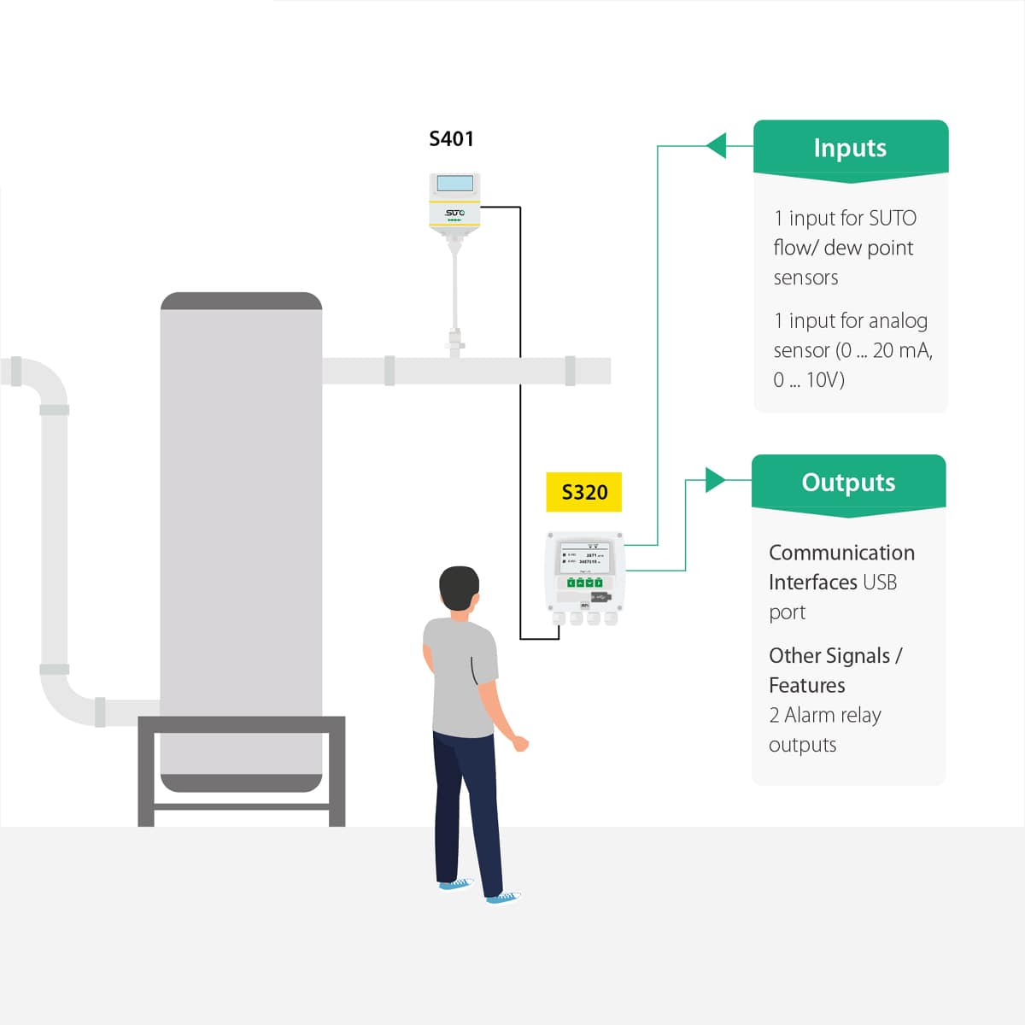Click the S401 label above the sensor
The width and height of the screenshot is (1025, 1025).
(x=451, y=139)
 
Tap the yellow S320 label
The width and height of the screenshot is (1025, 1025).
(x=584, y=492)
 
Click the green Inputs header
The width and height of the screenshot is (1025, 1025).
(x=850, y=148)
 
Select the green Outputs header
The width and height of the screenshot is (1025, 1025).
(x=848, y=483)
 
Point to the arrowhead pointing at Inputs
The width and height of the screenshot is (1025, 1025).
(x=717, y=146)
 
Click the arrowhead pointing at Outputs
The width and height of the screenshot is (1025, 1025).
(x=715, y=480)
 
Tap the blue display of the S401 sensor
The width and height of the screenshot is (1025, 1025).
(x=454, y=184)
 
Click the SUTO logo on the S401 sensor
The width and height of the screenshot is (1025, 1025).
(x=454, y=213)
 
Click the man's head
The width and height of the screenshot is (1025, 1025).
(x=459, y=588)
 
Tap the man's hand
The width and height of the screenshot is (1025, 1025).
(x=519, y=743)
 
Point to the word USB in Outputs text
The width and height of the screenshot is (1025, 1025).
(x=880, y=583)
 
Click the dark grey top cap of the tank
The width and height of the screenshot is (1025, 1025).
(x=241, y=302)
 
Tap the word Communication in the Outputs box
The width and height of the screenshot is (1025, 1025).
(x=841, y=553)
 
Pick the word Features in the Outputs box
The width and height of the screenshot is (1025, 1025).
(x=806, y=686)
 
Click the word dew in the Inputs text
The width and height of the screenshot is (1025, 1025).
(x=842, y=249)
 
